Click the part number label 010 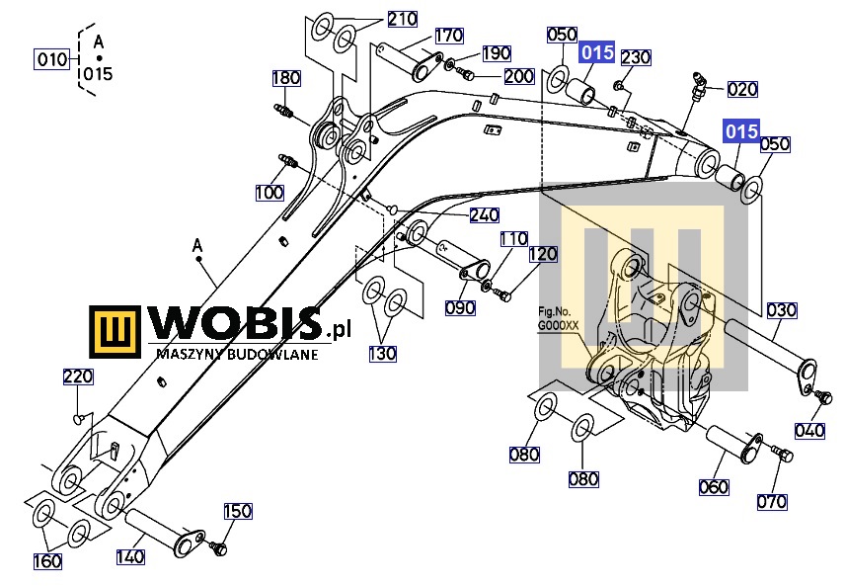[51, 59]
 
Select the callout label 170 [449, 36]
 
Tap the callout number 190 [496, 53]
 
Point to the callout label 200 [518, 76]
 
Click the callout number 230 [636, 57]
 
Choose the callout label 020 [742, 89]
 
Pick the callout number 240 [484, 215]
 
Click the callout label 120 [542, 254]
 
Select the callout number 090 [460, 308]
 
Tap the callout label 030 [781, 310]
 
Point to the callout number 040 [809, 431]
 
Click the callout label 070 [772, 502]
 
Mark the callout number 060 [714, 487]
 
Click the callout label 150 [237, 511]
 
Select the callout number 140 [130, 556]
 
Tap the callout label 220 [78, 377]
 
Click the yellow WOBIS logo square [115, 332]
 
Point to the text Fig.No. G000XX [559, 318]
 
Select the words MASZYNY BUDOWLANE [237, 355]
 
